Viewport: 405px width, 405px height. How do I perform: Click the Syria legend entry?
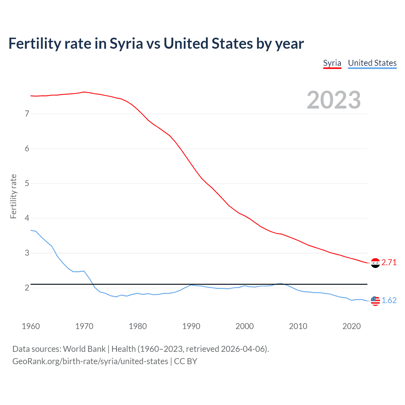332,63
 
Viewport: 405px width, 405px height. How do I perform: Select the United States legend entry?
372,63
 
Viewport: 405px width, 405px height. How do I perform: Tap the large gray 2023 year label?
334,100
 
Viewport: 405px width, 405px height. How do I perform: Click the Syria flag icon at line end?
375,263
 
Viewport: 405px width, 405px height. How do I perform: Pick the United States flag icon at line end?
375,301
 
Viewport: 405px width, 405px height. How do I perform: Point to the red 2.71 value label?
389,263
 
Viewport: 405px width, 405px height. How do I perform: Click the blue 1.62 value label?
389,301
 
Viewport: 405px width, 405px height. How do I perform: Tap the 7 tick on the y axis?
27,114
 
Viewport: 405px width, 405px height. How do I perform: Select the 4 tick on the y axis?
27,218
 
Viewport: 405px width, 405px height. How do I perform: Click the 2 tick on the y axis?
27,288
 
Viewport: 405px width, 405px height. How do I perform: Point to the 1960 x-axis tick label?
31,326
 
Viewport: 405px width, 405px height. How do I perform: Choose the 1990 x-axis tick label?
191,326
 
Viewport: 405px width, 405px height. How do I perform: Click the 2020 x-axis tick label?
352,326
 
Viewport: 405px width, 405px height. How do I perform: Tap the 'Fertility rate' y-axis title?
13,196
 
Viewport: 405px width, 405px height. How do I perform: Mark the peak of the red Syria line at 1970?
84,92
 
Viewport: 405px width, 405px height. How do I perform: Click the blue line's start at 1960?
31,230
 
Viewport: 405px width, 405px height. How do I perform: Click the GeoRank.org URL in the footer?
90,361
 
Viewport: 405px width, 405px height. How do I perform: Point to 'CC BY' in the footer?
185,361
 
